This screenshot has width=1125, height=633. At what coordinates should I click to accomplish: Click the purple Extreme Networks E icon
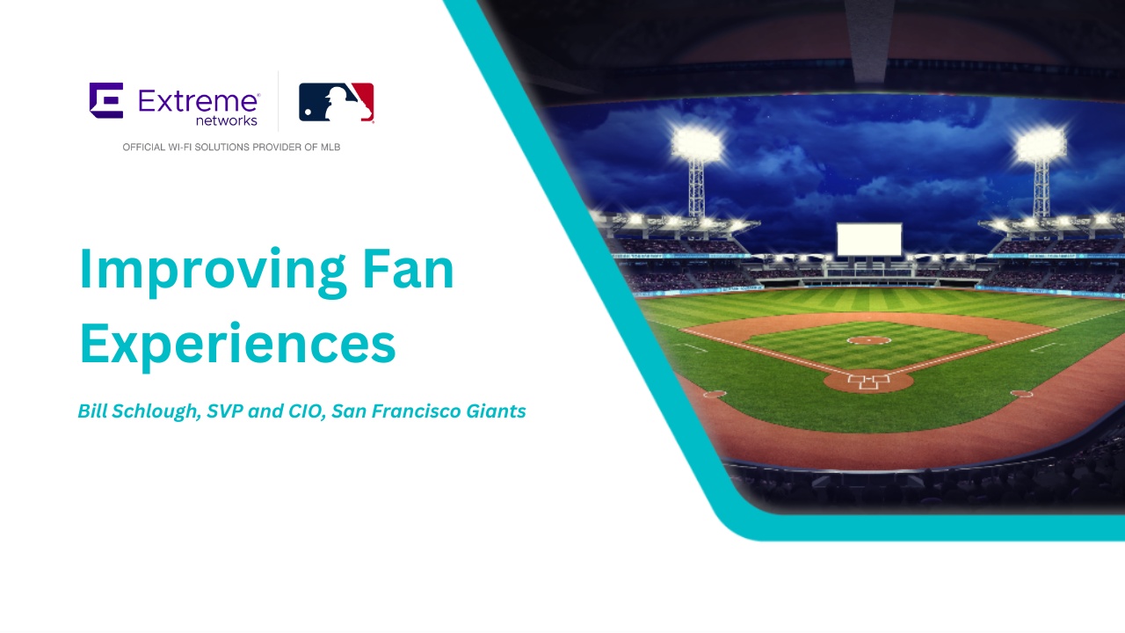105,100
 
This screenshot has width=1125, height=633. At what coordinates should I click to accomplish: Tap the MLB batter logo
337,102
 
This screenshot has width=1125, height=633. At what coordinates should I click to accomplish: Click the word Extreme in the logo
198,100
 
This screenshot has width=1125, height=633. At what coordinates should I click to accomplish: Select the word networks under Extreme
227,120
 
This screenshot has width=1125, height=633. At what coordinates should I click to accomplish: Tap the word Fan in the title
409,270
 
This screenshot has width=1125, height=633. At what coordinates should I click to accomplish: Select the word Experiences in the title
237,344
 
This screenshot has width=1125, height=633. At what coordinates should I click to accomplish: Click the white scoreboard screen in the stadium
869,238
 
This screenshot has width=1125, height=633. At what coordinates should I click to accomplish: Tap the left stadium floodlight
696,143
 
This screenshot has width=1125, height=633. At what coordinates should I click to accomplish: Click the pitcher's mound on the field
868,340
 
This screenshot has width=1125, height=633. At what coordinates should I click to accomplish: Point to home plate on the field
868,382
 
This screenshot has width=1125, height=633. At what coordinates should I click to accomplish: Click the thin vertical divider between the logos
279,101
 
